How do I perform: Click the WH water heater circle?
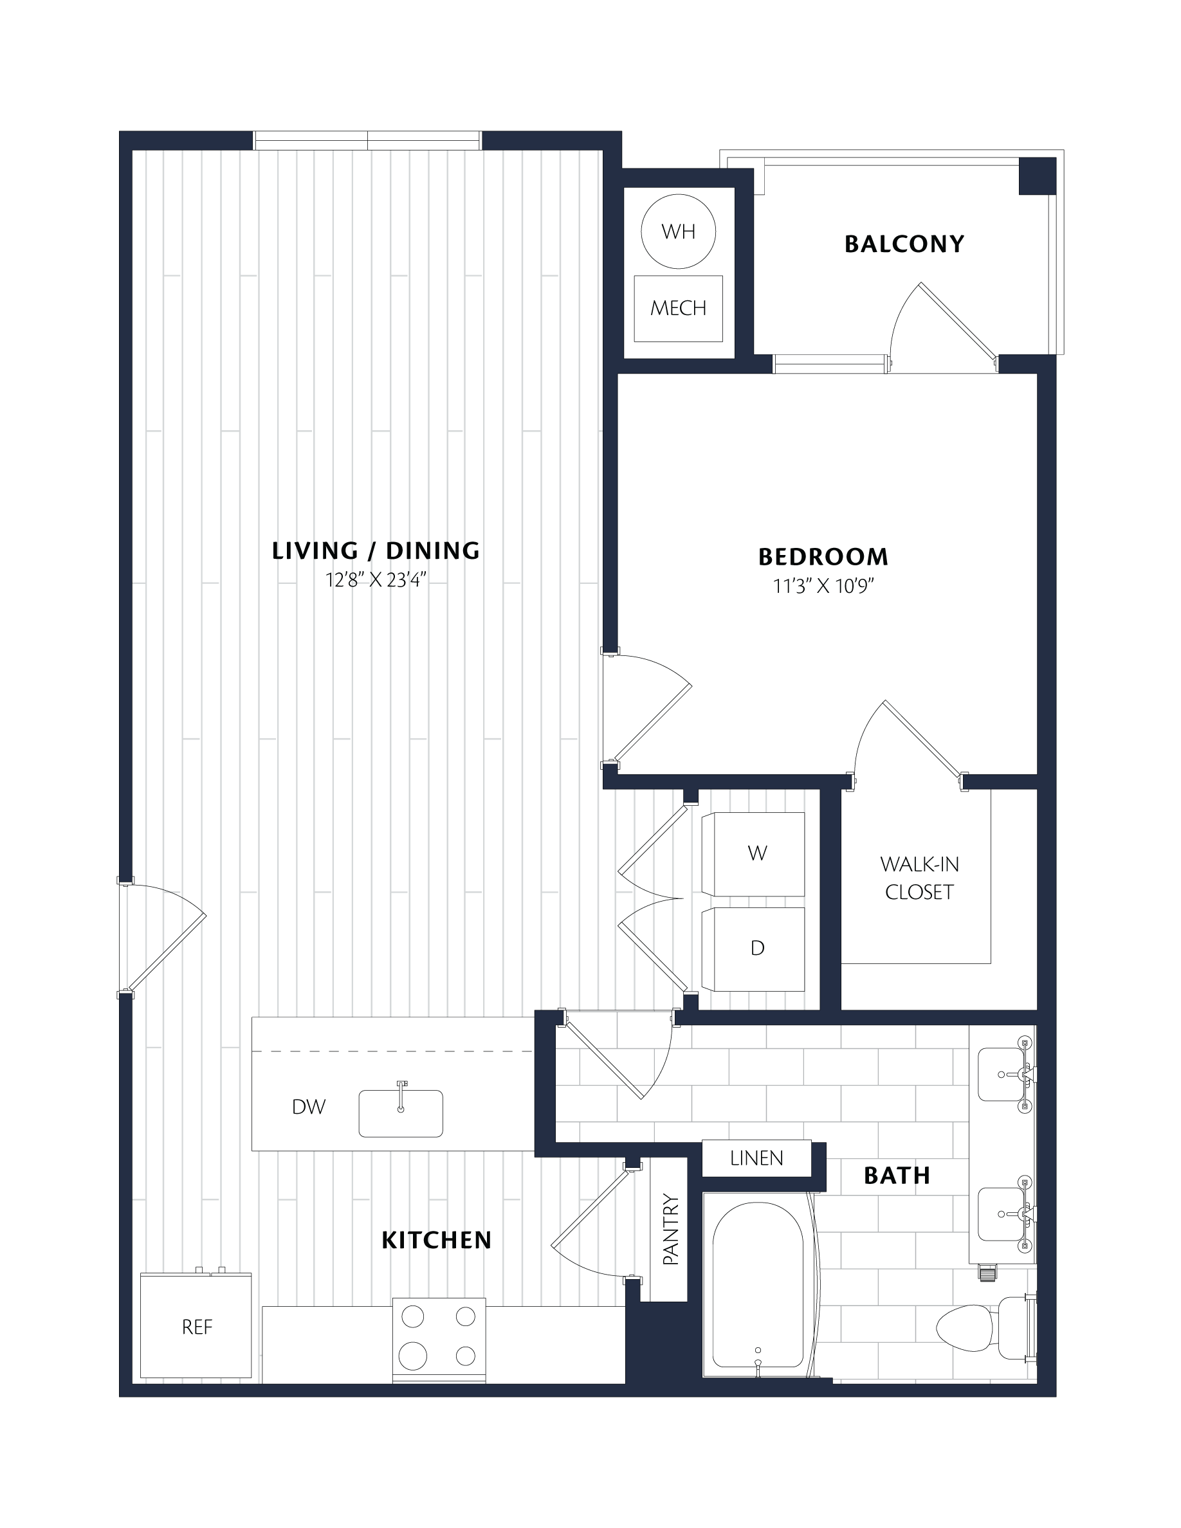[678, 232]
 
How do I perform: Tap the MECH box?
[678, 309]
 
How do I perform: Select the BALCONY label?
[904, 244]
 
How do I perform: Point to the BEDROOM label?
[823, 557]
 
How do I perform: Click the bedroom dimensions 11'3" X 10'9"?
[823, 586]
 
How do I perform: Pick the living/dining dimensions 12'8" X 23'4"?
[376, 580]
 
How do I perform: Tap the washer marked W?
[753, 854]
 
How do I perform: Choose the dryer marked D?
[753, 949]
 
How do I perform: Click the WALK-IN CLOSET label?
[919, 878]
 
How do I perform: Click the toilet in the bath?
[983, 1328]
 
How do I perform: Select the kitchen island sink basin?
[401, 1113]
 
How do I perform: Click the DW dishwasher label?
[309, 1107]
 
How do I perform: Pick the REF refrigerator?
[196, 1325]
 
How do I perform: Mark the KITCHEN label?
[437, 1241]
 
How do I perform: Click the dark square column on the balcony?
[1037, 176]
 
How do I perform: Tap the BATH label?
[897, 1176]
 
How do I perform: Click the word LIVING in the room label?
[315, 551]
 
